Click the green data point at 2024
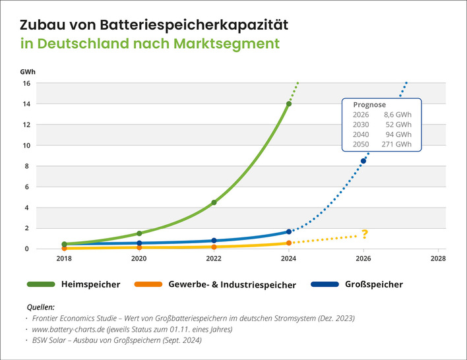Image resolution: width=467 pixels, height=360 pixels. point(289,104)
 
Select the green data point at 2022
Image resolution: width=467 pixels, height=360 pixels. point(214,202)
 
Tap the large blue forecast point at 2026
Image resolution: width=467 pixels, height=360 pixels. point(363,161)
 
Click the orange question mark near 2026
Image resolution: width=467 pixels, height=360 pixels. point(365,234)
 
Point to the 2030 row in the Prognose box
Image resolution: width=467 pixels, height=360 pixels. point(382,124)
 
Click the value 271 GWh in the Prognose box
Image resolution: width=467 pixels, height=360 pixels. point(396,144)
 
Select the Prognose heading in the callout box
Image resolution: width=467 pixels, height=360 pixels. point(369,104)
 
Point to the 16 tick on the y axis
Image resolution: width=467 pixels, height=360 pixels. point(27,83)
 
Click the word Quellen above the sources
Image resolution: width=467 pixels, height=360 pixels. point(41,307)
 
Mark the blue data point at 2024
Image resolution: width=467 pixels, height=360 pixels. point(289,231)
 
